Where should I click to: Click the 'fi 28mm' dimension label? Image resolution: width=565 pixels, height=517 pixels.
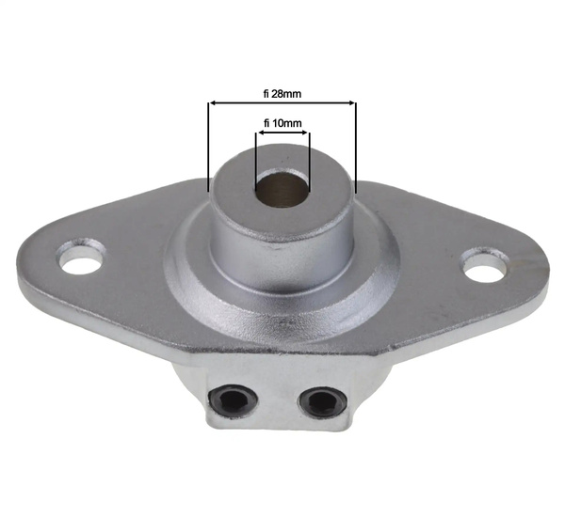click(282, 93)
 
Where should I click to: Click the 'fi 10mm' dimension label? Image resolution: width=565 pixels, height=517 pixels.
click(282, 123)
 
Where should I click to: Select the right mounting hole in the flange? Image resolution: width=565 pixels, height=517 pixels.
click(485, 266)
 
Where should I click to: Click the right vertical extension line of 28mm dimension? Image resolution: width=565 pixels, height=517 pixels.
click(356, 150)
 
